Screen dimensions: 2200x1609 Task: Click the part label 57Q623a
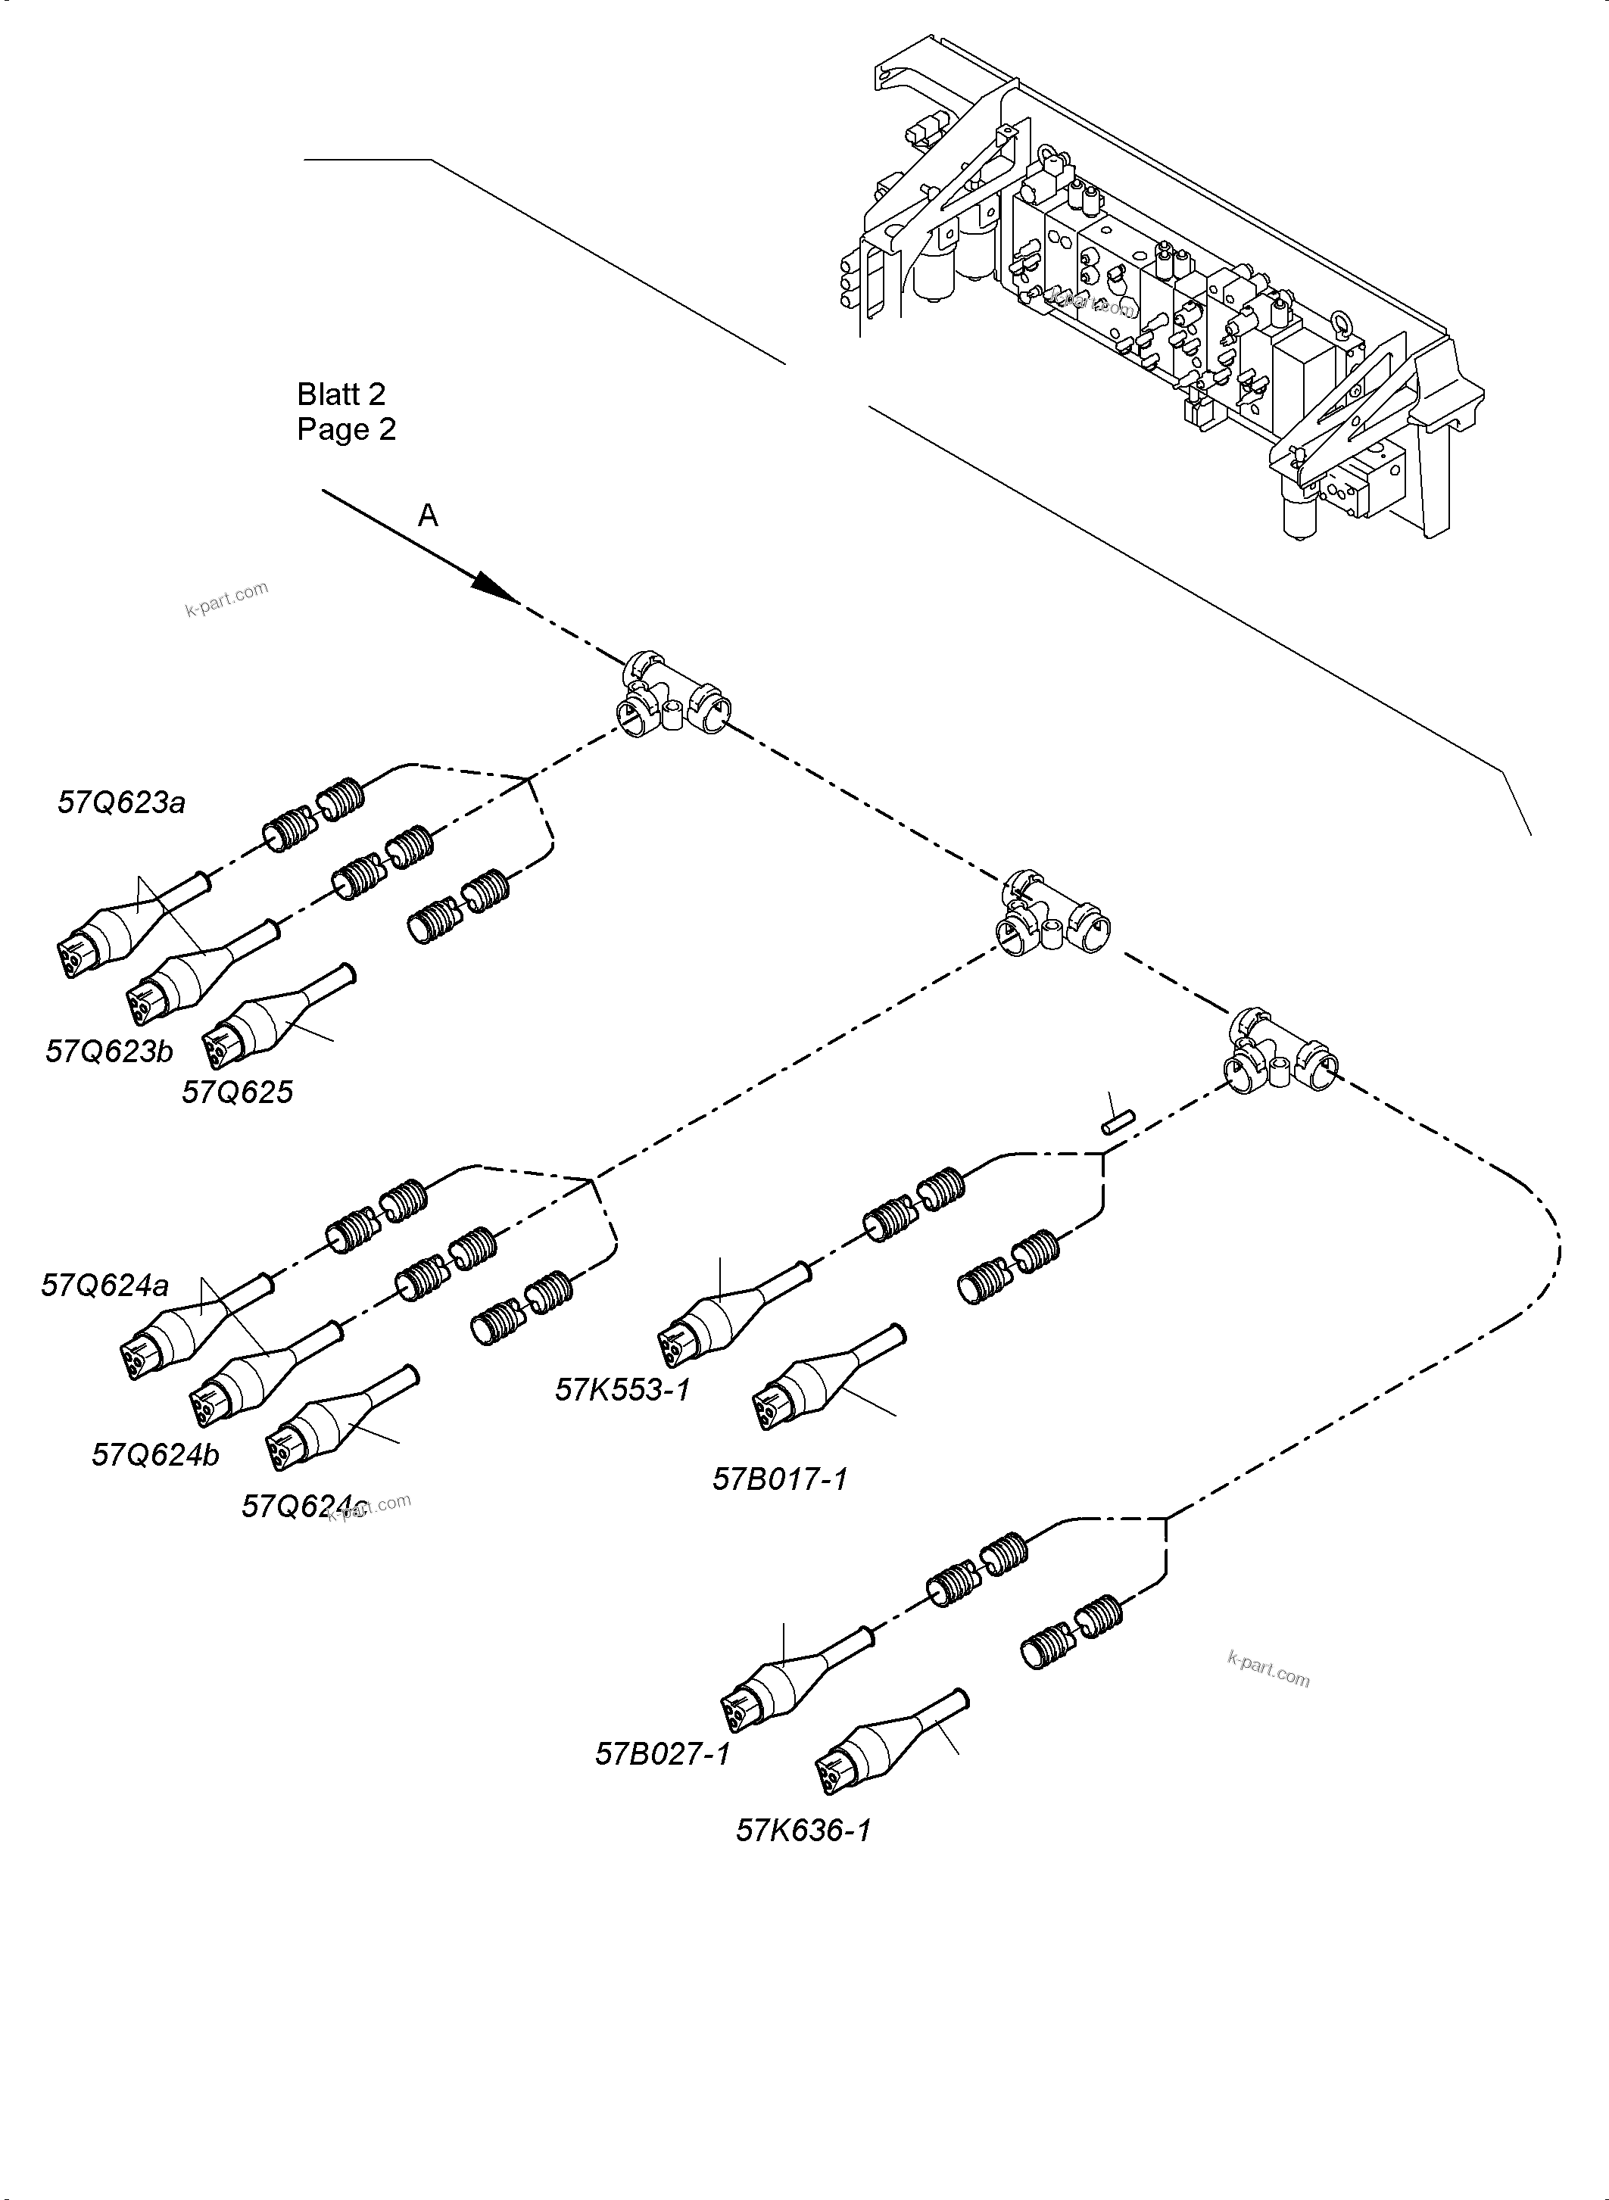[x=121, y=802]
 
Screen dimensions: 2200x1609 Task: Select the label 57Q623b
[x=109, y=1051]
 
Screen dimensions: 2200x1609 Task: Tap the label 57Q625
[x=237, y=1092]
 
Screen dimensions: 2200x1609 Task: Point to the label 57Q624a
[x=104, y=1285]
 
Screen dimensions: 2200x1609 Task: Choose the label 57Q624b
[x=155, y=1454]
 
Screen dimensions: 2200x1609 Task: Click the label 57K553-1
[x=622, y=1388]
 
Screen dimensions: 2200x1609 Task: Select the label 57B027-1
[x=663, y=1753]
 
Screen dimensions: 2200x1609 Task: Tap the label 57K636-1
[x=803, y=1830]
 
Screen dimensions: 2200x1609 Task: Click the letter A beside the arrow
[x=428, y=516]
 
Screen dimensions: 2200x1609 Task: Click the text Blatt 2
[x=341, y=394]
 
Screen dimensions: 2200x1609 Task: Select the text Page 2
[x=346, y=429]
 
